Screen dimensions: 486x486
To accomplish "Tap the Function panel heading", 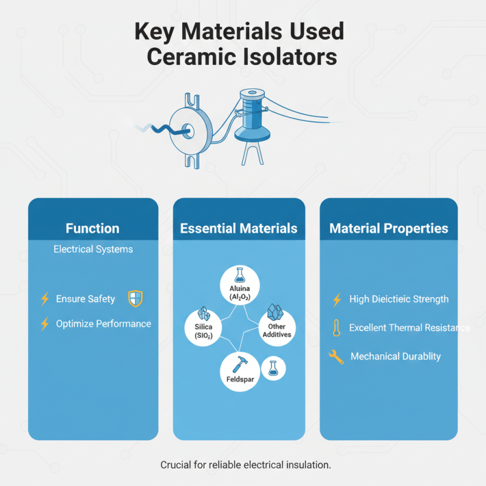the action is pyautogui.click(x=92, y=228).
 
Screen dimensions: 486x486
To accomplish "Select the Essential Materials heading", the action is pyautogui.click(x=239, y=228).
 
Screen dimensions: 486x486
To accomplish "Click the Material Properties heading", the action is pyautogui.click(x=389, y=228).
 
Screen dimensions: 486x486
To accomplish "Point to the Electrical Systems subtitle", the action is pyautogui.click(x=93, y=249).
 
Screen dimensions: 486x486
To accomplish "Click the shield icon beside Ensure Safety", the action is pyautogui.click(x=135, y=298).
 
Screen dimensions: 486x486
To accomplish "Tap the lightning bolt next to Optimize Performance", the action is pyautogui.click(x=45, y=324).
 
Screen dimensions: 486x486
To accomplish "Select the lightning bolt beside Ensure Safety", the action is pyautogui.click(x=45, y=299).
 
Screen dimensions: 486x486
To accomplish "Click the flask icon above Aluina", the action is pyautogui.click(x=239, y=275).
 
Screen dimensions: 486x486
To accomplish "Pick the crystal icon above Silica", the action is pyautogui.click(x=204, y=313).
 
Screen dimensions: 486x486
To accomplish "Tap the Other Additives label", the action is pyautogui.click(x=277, y=330).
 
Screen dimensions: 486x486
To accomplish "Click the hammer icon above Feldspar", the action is pyautogui.click(x=239, y=364).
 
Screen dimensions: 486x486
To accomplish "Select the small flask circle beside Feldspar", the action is pyautogui.click(x=273, y=369).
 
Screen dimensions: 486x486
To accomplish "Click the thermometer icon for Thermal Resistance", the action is pyautogui.click(x=337, y=328).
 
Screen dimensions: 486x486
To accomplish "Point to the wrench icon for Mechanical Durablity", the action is pyautogui.click(x=337, y=357).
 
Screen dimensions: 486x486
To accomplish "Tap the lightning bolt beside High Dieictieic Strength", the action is pyautogui.click(x=337, y=299).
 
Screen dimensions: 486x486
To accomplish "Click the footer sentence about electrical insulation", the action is pyautogui.click(x=245, y=465).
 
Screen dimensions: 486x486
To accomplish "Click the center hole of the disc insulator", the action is pyautogui.click(x=188, y=131).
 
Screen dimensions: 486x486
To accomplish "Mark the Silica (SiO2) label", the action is pyautogui.click(x=204, y=331).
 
